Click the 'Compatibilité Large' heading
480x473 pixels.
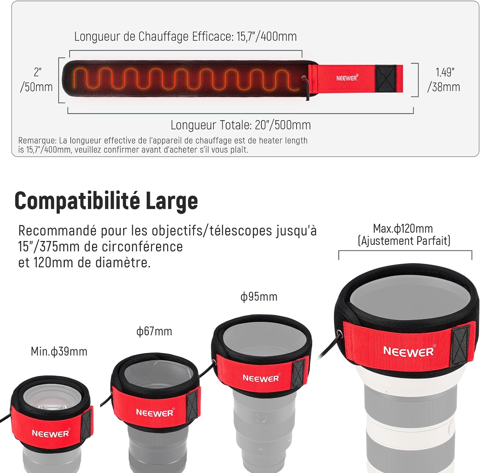tap(106, 201)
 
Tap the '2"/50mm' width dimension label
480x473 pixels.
tap(36, 79)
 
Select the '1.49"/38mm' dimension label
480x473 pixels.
tap(444, 79)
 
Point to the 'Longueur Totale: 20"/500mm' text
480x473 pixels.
tap(241, 125)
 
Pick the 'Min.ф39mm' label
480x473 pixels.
tap(59, 352)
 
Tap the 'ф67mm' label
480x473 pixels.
tap(154, 331)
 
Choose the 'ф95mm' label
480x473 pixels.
tap(259, 296)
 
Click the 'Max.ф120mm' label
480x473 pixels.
tap(403, 228)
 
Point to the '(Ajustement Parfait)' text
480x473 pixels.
tap(404, 241)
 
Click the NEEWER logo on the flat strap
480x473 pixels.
tap(347, 78)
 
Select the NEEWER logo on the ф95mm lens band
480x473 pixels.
tap(261, 378)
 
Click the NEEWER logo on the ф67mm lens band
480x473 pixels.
tap(155, 412)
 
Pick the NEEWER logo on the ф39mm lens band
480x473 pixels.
tap(51, 434)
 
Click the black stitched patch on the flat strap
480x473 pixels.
tap(386, 79)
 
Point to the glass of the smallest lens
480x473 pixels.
tap(50, 400)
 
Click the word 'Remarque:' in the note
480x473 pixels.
tap(37, 141)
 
